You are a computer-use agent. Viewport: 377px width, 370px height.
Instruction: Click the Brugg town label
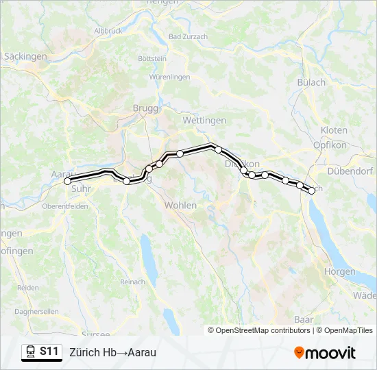click(145, 108)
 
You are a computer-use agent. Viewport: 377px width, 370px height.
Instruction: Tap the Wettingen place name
click(204, 120)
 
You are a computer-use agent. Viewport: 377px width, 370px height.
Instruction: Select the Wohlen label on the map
click(180, 205)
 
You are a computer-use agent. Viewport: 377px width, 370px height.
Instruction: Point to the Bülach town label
click(311, 82)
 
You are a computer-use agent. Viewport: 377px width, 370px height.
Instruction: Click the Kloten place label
click(334, 130)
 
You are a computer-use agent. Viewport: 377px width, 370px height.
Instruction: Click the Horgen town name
click(341, 271)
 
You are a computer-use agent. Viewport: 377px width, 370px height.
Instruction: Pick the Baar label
click(303, 319)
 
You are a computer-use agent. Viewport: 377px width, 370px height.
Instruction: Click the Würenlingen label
click(169, 77)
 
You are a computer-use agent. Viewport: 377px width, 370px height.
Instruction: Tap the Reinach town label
click(132, 282)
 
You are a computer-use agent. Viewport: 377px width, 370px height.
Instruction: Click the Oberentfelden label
click(65, 206)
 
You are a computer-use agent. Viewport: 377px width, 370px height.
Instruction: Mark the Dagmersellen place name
click(32, 311)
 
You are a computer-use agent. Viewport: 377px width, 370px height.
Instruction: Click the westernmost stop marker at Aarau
click(68, 182)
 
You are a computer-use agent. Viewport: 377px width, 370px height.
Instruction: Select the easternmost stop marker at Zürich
click(312, 191)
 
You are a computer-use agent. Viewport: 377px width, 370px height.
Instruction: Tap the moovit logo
click(325, 353)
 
